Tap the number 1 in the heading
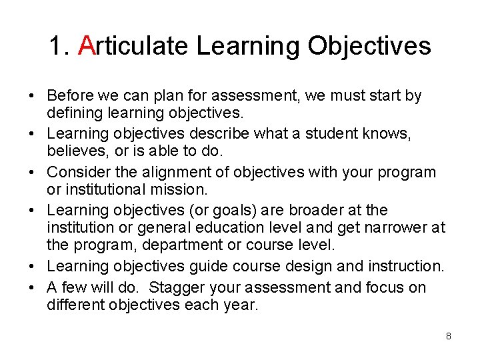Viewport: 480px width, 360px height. pos(57,46)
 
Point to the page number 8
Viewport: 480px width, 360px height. pos(449,336)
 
